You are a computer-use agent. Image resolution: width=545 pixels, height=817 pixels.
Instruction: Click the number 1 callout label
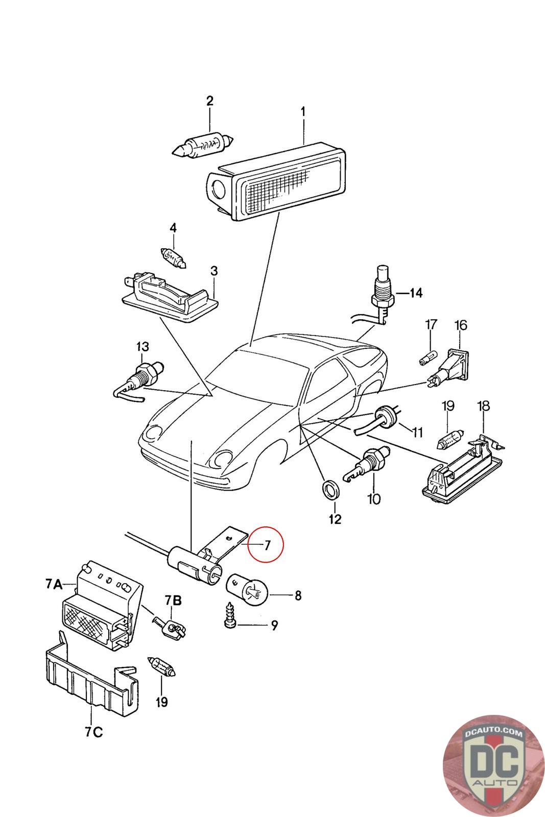pos(303,111)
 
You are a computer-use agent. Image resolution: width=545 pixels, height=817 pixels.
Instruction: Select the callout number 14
pos(416,293)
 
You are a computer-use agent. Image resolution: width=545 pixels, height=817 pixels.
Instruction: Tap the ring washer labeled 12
pos(331,489)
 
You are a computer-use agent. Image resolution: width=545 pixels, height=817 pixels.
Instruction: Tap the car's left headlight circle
pos(153,434)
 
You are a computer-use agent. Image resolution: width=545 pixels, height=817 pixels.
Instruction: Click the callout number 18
pos(483,406)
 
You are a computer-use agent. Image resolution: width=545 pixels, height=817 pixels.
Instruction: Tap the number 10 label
pos(374,498)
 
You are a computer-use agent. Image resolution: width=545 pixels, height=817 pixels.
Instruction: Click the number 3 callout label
pos(214,271)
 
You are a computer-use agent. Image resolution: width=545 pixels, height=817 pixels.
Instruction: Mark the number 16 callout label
pos(461,325)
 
